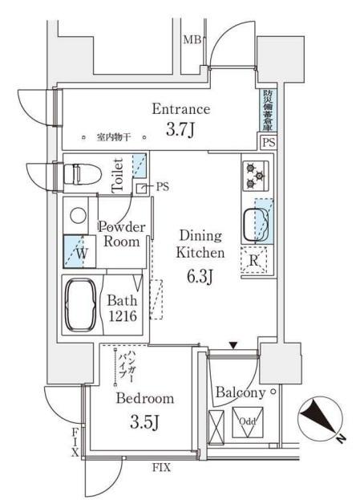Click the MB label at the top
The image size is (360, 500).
[x=192, y=39]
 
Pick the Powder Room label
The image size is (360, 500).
[x=122, y=234]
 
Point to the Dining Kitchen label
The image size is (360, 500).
[x=195, y=244]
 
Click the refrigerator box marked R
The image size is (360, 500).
[x=253, y=260]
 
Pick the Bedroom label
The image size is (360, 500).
[x=144, y=399]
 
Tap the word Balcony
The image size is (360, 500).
[x=241, y=393]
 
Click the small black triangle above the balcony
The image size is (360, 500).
[x=233, y=345]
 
